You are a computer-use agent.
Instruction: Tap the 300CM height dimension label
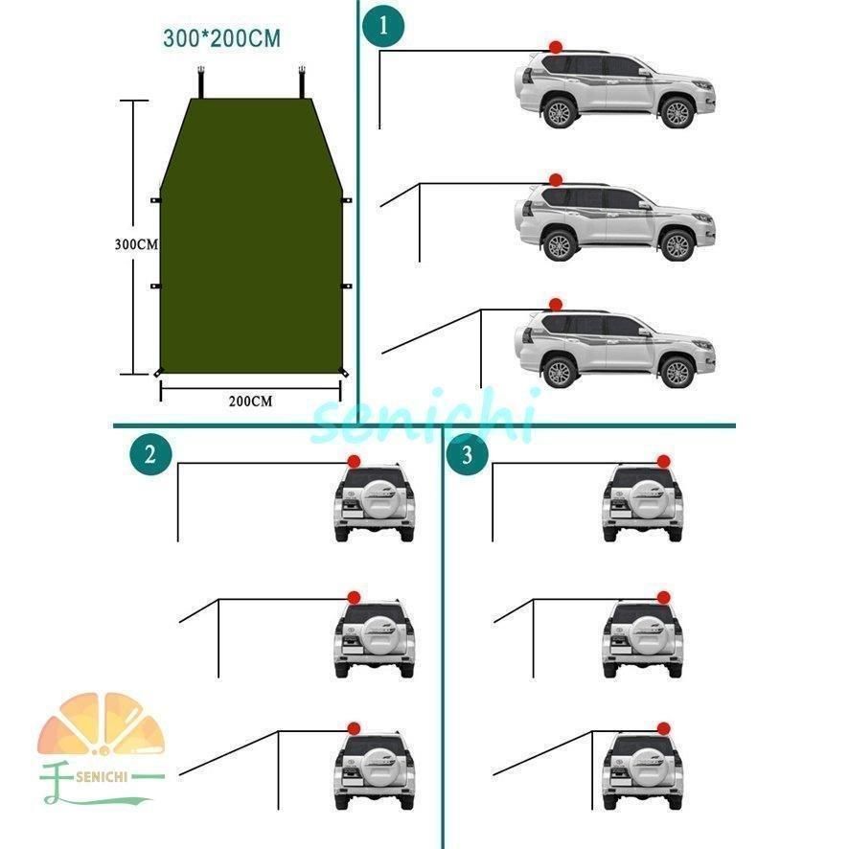(135, 243)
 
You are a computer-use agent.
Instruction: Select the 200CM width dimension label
(250, 402)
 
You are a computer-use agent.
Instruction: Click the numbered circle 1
(384, 27)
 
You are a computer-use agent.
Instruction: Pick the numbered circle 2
(149, 454)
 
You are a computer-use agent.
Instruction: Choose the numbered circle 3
(468, 454)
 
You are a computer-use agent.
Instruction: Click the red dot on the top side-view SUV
(555, 47)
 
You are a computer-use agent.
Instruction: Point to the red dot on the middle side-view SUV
(555, 179)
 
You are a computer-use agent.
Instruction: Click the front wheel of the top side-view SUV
(677, 113)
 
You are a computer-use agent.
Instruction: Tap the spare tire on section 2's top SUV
(374, 496)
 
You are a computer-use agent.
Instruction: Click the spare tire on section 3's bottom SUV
(642, 765)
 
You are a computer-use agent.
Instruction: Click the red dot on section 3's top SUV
(663, 461)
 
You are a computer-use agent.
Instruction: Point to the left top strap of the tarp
(203, 80)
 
